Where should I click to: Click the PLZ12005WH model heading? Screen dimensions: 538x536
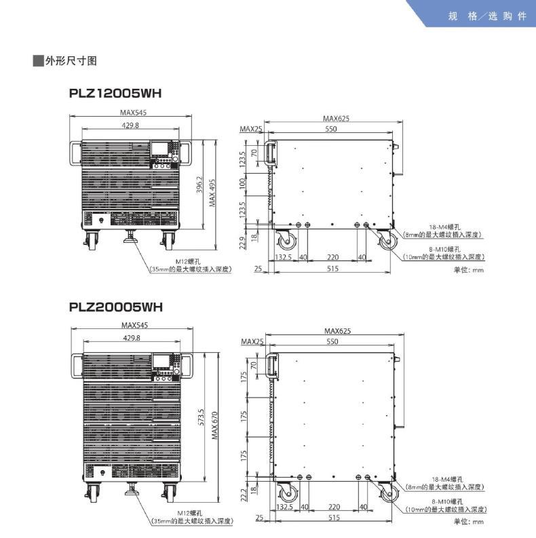pyautogui.click(x=116, y=93)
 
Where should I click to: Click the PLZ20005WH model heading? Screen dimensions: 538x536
pyautogui.click(x=116, y=307)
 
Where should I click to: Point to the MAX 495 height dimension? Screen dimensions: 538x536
pyautogui.click(x=212, y=193)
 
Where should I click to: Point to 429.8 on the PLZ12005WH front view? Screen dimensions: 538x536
pyautogui.click(x=130, y=125)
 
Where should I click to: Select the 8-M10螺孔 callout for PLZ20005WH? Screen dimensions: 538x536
pyautogui.click(x=444, y=502)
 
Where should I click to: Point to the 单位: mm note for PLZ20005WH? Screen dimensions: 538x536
pyautogui.click(x=469, y=521)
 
